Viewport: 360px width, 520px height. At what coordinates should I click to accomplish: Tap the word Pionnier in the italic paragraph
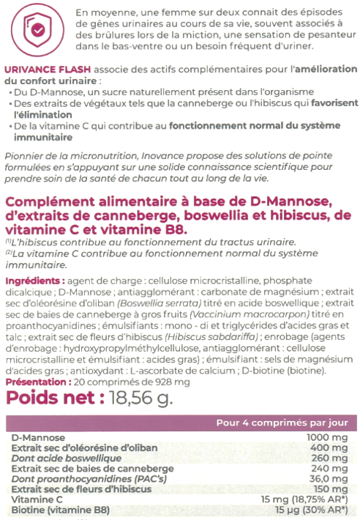tap(25, 155)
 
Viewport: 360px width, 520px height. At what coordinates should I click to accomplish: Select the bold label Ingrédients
tap(34, 281)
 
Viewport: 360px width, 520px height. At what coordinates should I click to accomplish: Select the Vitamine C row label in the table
tap(32, 499)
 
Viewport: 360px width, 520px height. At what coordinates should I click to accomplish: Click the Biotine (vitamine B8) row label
tap(52, 509)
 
